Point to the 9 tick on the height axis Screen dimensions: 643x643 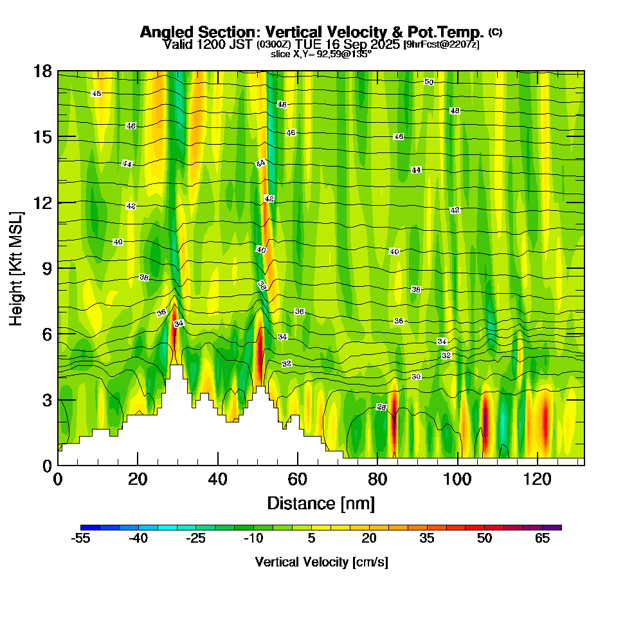click(47, 268)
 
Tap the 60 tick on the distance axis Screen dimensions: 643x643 click(298, 479)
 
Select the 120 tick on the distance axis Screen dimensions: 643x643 click(537, 479)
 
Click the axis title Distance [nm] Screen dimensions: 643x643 click(321, 502)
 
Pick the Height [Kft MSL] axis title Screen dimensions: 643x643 click(16, 268)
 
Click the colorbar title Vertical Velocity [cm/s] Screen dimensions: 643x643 click(321, 562)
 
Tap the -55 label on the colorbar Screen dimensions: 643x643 click(82, 539)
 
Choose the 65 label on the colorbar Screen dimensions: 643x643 click(542, 539)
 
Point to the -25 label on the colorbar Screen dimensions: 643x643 click(196, 539)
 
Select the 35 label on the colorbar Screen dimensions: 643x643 click(427, 539)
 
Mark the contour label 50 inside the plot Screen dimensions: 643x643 click(429, 82)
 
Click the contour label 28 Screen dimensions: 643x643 click(381, 408)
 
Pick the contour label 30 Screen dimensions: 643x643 click(416, 376)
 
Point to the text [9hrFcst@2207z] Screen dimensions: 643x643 click(441, 44)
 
